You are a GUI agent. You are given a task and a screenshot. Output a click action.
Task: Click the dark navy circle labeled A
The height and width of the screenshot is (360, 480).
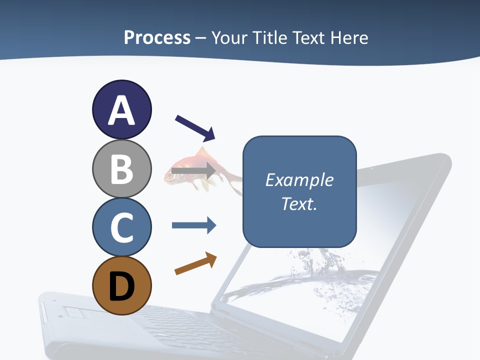pyautogui.click(x=121, y=109)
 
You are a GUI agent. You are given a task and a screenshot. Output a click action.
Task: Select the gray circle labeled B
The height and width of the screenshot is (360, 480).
pyautogui.click(x=121, y=168)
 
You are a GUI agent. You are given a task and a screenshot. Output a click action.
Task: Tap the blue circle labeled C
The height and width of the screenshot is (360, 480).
pyautogui.click(x=121, y=227)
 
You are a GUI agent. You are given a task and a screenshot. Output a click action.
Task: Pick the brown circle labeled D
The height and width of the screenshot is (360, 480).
pyautogui.click(x=121, y=285)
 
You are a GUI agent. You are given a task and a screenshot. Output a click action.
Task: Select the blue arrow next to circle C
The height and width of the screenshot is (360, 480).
pyautogui.click(x=193, y=225)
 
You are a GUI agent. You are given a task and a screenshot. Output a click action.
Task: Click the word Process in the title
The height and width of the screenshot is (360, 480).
pyautogui.click(x=157, y=37)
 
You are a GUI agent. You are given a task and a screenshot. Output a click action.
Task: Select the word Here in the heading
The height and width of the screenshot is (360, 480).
pyautogui.click(x=349, y=37)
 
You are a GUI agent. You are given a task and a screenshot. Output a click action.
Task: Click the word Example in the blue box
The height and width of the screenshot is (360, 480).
pyautogui.click(x=299, y=180)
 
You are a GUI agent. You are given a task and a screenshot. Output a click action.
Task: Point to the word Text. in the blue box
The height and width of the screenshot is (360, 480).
pyautogui.click(x=299, y=204)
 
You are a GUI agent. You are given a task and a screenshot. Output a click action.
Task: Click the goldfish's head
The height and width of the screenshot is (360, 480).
pyautogui.click(x=172, y=172)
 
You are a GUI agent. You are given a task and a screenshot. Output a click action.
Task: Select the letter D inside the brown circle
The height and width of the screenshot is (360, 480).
pyautogui.click(x=121, y=286)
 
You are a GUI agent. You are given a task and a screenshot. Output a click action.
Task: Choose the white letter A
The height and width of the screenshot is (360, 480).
pyautogui.click(x=121, y=110)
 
